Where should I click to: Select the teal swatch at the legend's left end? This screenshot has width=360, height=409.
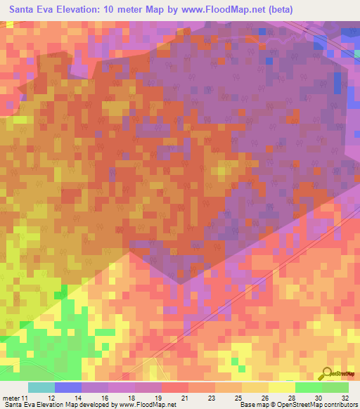pos(41,387)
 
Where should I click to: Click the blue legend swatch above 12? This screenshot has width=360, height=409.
pos(67,387)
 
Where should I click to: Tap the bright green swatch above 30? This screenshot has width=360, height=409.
pos(308,387)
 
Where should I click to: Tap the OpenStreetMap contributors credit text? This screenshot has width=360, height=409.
pos(321,405)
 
